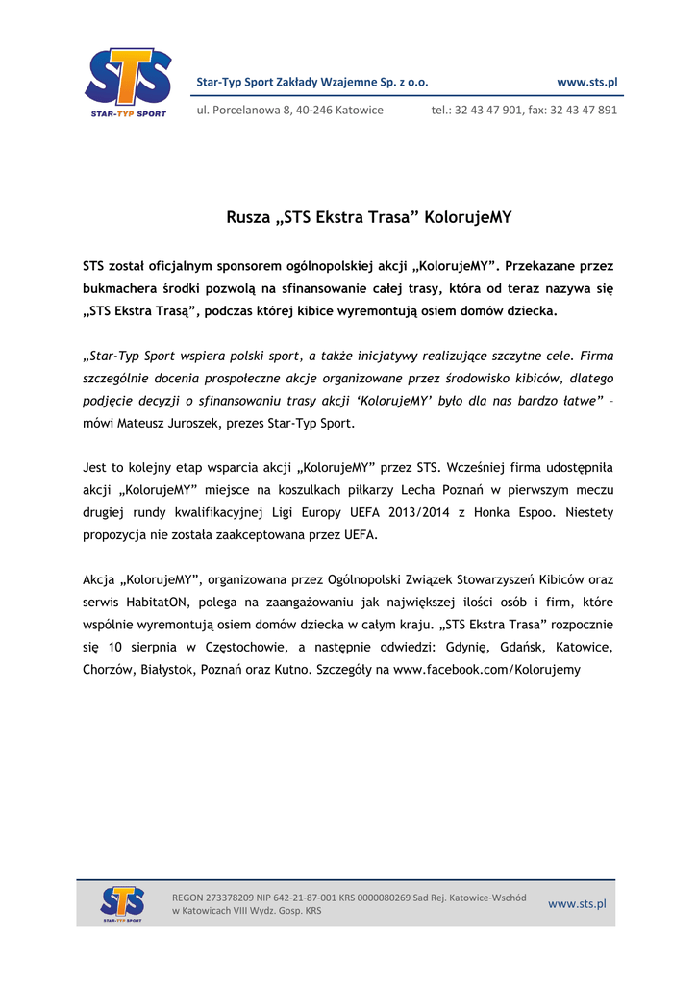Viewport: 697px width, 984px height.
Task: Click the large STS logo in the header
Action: (x=128, y=82)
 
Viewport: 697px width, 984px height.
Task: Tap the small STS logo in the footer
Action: (x=122, y=904)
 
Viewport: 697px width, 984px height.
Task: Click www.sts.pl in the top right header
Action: (x=587, y=83)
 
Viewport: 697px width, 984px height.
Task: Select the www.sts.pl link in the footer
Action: (x=577, y=904)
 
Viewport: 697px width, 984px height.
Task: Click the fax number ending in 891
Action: (x=584, y=110)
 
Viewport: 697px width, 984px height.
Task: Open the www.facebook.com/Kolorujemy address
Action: (x=487, y=669)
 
